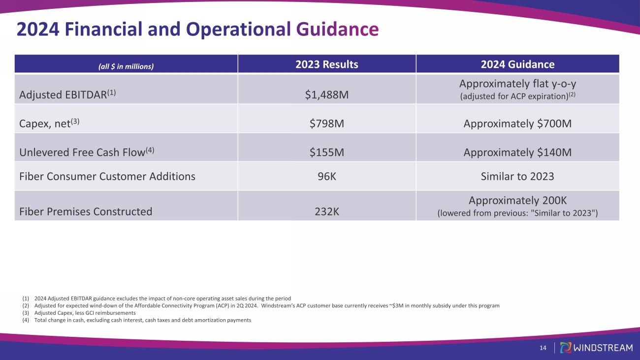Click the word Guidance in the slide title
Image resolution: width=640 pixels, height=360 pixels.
337,30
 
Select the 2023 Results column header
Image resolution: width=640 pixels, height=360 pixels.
326,65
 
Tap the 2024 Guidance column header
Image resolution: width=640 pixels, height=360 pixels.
517,65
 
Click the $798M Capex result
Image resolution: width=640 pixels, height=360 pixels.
326,124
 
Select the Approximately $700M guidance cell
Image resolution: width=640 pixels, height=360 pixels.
517,124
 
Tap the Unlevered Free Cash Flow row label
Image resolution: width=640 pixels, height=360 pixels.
87,152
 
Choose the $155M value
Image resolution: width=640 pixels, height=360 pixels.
326,153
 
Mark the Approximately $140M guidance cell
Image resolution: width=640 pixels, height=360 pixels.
517,153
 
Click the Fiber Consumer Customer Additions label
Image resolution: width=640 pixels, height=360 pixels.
107,176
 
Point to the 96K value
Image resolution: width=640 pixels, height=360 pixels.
326,176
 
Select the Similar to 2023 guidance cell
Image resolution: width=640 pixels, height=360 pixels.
517,176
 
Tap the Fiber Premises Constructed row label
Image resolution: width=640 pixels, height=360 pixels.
86,212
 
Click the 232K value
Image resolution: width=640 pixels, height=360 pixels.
326,212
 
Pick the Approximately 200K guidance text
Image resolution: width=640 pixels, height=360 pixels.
517,201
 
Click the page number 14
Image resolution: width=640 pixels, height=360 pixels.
543,348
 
